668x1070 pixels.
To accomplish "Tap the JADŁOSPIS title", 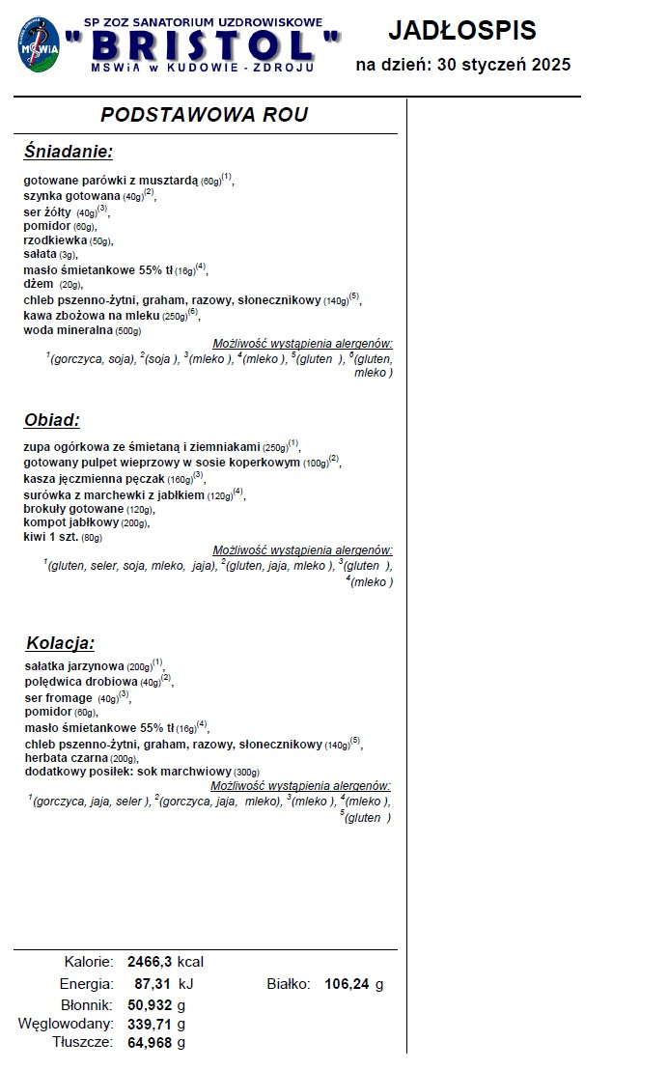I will coord(461,31).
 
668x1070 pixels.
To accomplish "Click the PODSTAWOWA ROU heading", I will coord(205,115).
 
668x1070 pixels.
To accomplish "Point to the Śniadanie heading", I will coord(69,152).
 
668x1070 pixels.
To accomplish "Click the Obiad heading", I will coord(52,420).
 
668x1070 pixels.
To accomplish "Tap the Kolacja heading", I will coord(61,643).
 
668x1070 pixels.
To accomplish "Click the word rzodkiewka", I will coord(55,240).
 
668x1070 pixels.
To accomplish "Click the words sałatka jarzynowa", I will coord(74,665).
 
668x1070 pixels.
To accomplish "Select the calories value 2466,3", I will coord(149,962).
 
